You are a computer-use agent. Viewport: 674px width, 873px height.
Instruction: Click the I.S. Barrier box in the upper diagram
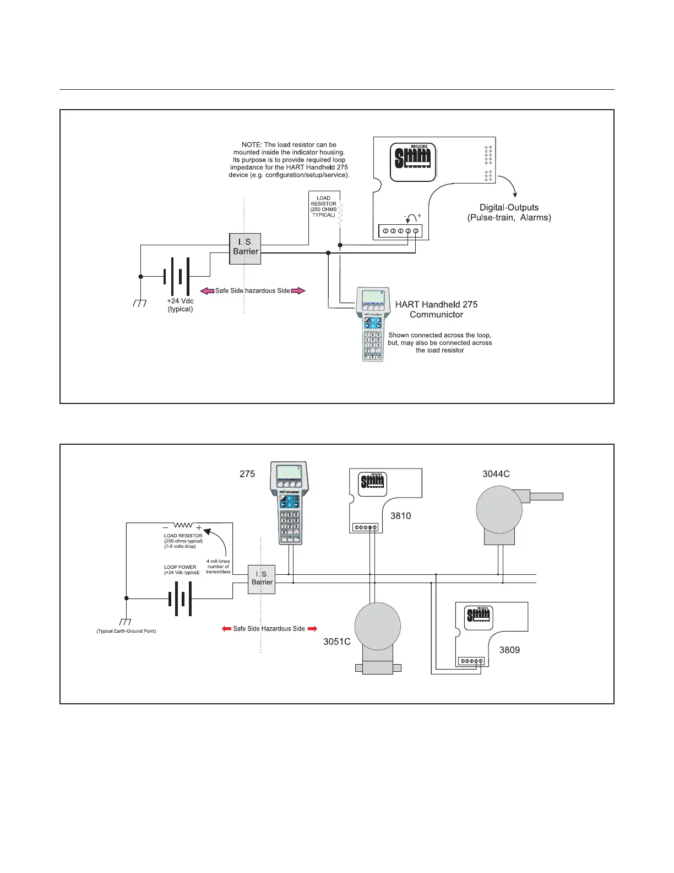click(245, 249)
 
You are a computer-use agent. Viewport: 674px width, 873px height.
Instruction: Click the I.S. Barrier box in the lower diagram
click(262, 579)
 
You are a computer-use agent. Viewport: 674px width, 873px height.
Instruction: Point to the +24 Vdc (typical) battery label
click(180, 305)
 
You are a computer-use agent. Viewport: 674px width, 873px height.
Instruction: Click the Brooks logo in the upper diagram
click(413, 162)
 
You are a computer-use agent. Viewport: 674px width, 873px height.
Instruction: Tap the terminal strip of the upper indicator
click(400, 230)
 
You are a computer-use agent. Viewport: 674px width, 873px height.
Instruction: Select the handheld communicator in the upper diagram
click(373, 324)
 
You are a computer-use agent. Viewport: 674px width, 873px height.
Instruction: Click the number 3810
click(401, 516)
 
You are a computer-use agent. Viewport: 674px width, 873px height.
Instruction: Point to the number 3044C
click(496, 473)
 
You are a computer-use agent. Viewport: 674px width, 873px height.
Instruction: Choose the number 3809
click(509, 650)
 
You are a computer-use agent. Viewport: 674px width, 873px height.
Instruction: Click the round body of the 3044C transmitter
click(499, 509)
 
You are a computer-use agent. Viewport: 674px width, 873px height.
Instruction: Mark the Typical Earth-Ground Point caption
click(126, 631)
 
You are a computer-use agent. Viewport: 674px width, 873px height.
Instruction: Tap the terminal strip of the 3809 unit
click(471, 661)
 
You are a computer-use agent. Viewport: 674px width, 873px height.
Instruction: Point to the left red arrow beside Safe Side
click(226, 628)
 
